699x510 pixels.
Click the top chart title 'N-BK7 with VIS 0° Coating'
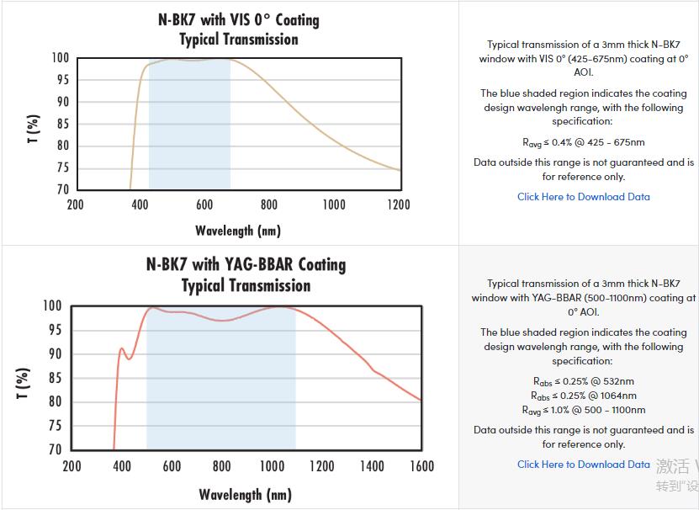click(x=239, y=19)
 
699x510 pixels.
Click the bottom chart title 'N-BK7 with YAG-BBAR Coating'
click(x=246, y=264)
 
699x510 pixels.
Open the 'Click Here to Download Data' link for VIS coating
click(x=583, y=197)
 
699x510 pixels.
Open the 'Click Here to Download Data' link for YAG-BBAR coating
click(x=583, y=465)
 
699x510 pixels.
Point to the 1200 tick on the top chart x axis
click(x=399, y=205)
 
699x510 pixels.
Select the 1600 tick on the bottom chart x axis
click(x=421, y=466)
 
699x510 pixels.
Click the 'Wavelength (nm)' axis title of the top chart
click(x=238, y=230)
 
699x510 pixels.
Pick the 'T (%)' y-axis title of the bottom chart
click(x=23, y=385)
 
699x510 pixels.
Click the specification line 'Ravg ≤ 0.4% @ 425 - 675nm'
click(x=583, y=142)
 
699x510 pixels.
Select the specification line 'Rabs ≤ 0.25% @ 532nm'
click(x=583, y=381)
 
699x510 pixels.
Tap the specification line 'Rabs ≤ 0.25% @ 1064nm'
click(x=583, y=396)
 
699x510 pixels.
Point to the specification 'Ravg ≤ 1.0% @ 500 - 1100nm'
click(x=583, y=410)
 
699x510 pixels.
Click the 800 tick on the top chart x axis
click(x=268, y=205)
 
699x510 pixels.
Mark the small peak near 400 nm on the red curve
click(x=122, y=348)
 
